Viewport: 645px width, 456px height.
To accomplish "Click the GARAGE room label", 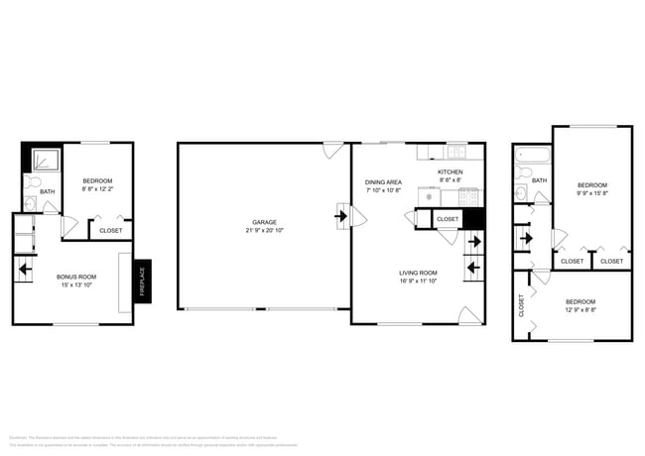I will tap(264, 222).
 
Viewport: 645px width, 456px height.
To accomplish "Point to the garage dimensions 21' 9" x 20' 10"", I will tap(264, 230).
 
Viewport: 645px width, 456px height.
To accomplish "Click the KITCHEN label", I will tap(451, 172).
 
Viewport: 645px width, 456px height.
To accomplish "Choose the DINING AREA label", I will tap(383, 181).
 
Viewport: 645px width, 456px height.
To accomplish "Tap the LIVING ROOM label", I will tap(418, 272).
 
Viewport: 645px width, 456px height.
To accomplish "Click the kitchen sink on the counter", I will tap(456, 152).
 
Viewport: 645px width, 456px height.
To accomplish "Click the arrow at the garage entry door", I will tap(342, 215).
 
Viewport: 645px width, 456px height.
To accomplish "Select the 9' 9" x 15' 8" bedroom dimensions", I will tap(592, 193).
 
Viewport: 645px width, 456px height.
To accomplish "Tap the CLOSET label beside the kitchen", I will tap(448, 219).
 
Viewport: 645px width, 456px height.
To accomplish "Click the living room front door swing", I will tap(467, 315).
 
